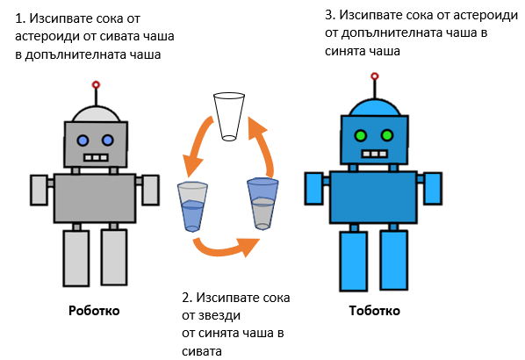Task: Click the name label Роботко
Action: coord(94,311)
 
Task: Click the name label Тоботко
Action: coord(374,311)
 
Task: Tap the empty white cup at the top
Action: coord(229,117)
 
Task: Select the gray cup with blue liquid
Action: coord(192,207)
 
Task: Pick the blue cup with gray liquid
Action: coord(262,204)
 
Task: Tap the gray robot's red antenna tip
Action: coord(96,84)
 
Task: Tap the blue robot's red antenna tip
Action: coord(375,76)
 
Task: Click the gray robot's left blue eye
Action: coord(83,140)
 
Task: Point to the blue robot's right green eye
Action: coord(387,135)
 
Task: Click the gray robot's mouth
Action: coord(96,157)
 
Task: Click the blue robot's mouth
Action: coord(374,154)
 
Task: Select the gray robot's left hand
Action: coord(40,190)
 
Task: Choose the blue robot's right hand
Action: coord(433,188)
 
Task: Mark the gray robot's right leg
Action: coord(114,257)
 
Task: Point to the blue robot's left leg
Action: coord(354,261)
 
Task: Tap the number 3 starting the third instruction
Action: coord(329,15)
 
